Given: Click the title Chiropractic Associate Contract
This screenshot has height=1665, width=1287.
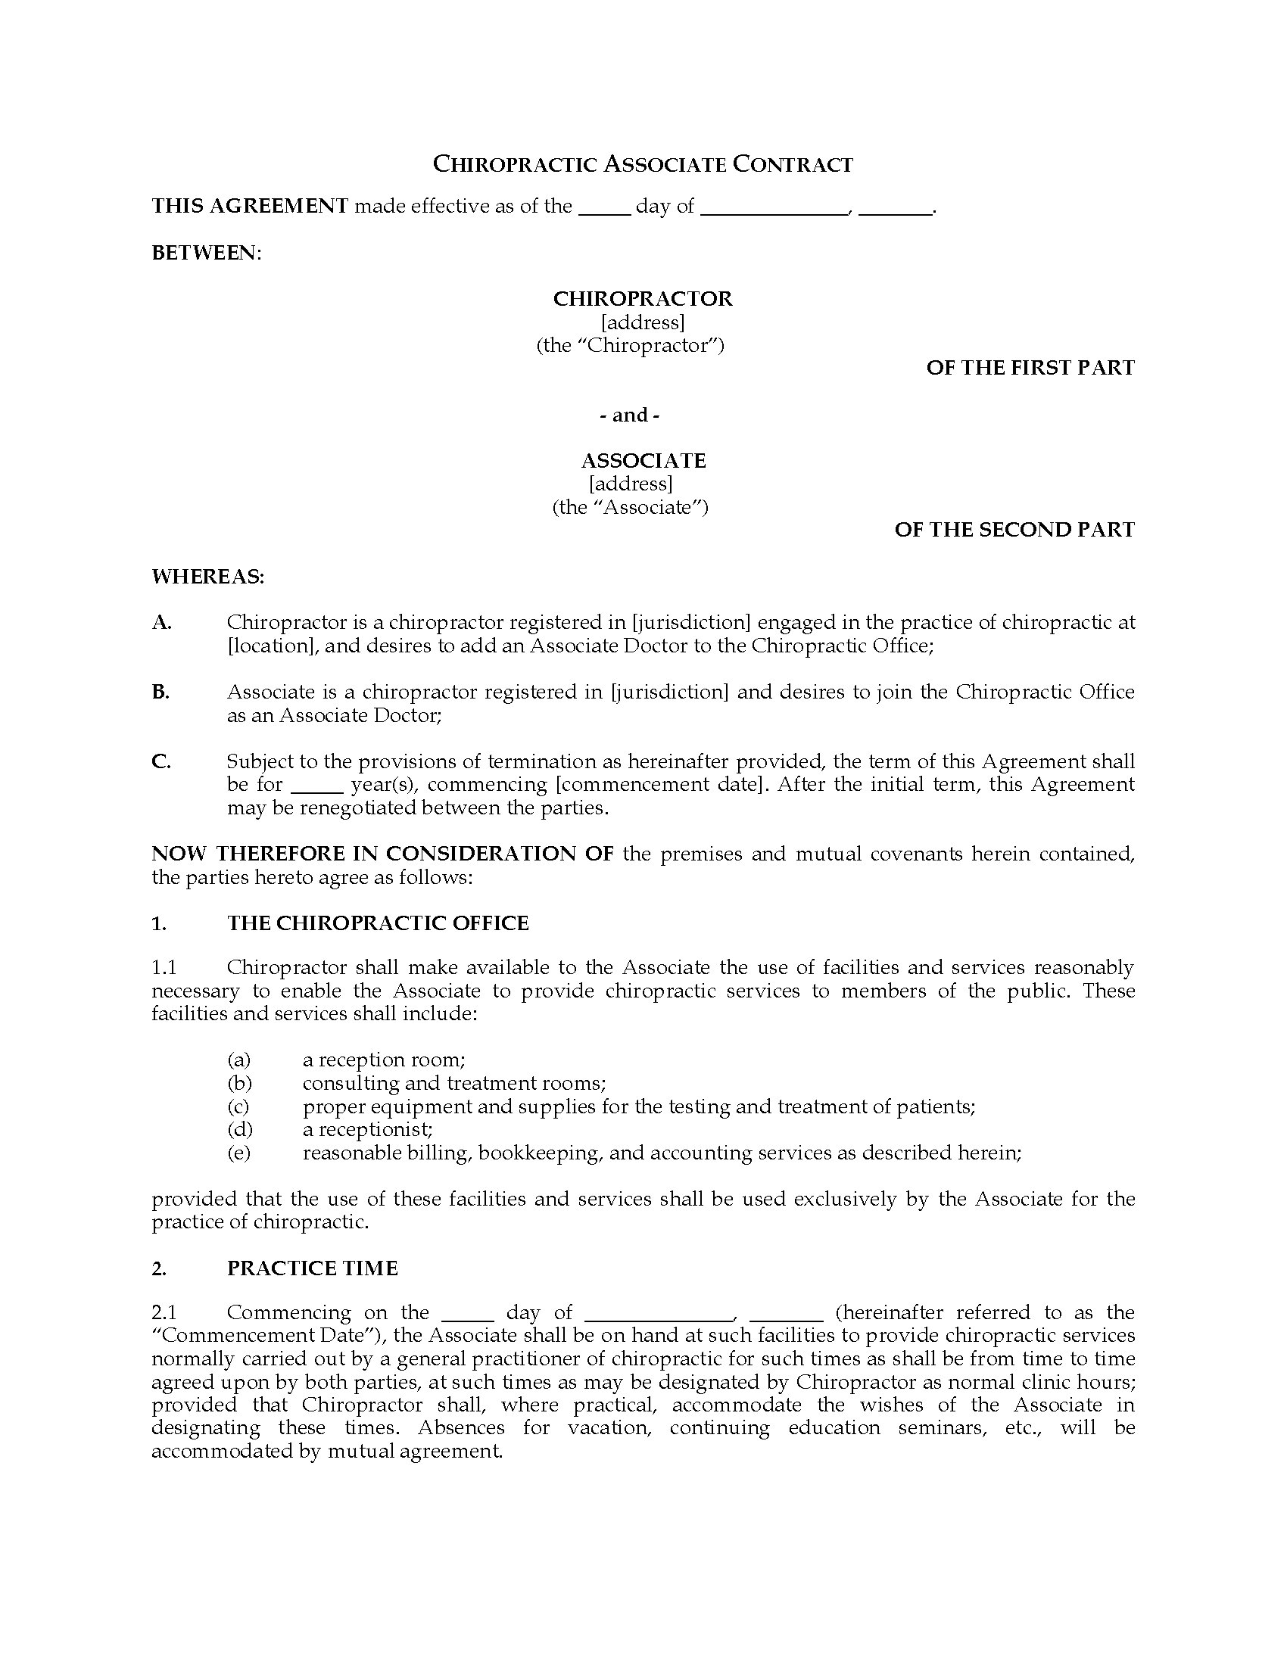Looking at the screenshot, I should (643, 164).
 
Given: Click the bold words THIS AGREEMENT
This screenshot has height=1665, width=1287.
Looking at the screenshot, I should (250, 206).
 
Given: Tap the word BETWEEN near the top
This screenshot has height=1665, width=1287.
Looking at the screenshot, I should (205, 252).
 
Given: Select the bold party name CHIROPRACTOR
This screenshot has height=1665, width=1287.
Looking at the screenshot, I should (643, 298).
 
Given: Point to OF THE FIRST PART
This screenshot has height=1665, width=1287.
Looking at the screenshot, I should (1030, 368).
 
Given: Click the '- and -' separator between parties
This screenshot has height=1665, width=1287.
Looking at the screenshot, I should (630, 415).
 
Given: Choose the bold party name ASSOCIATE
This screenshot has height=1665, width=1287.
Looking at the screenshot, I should (643, 460).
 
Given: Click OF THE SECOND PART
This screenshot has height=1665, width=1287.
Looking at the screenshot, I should (1014, 530).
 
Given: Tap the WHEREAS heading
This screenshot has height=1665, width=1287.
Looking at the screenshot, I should (207, 577).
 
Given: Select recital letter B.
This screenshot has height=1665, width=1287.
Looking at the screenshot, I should (160, 692).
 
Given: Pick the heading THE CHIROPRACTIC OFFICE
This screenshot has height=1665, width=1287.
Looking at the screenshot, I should (378, 923).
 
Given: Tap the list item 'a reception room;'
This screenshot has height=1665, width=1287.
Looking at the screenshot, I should (384, 1060).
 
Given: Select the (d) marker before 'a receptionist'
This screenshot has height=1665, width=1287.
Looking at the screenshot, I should (239, 1129).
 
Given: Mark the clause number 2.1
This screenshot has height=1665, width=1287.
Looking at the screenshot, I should (164, 1312).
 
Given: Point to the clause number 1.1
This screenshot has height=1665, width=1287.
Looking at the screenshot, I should (164, 967).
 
